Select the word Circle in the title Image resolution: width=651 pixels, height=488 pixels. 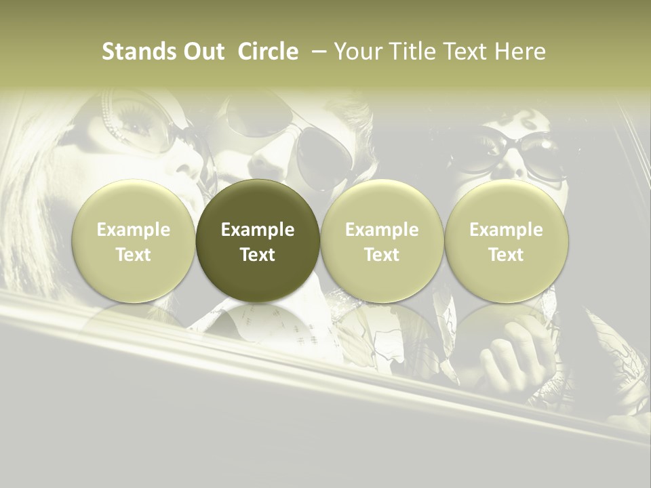click(268, 52)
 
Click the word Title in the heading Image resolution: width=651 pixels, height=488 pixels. click(415, 52)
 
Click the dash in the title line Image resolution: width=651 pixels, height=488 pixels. click(315, 52)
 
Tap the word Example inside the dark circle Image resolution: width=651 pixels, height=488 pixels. click(258, 230)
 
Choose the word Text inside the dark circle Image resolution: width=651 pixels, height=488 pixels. click(258, 255)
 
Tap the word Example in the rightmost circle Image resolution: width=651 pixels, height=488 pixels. click(507, 230)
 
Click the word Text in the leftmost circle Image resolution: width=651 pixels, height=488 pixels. click(133, 255)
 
